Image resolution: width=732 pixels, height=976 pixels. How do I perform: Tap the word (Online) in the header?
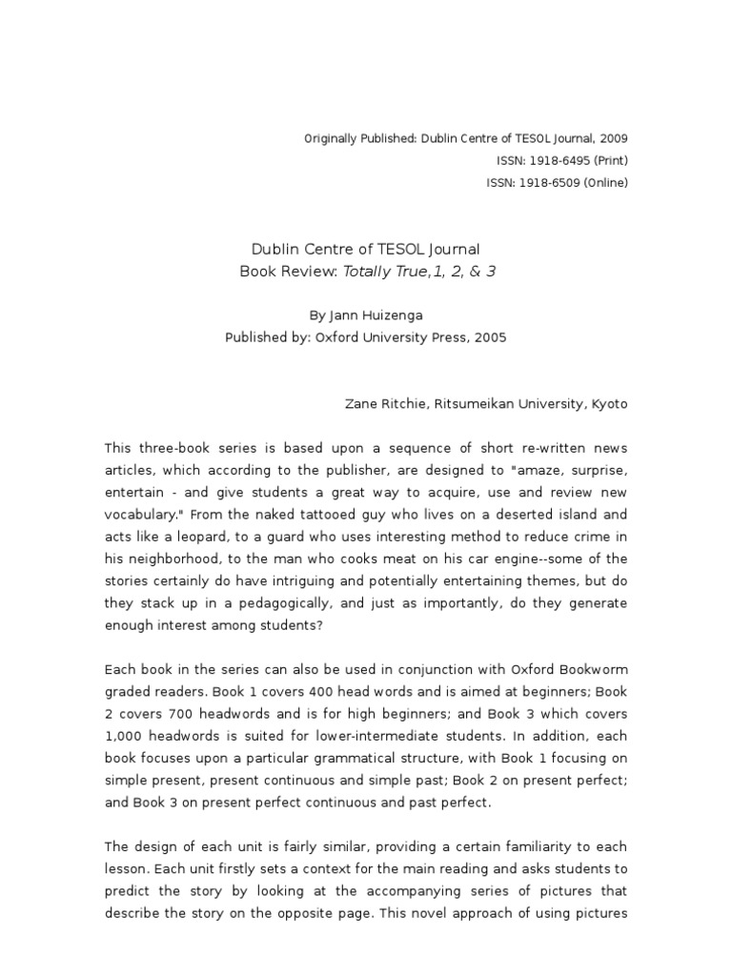(605, 183)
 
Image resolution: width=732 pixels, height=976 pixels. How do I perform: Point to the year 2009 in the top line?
(613, 138)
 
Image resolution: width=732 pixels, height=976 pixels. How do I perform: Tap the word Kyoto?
(608, 404)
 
